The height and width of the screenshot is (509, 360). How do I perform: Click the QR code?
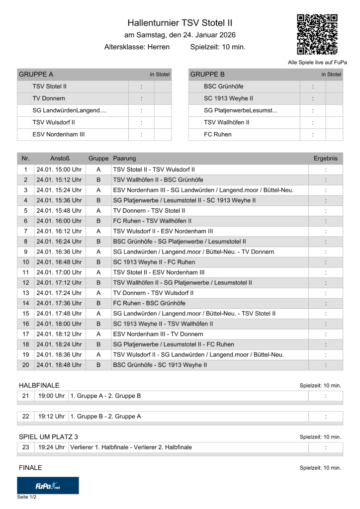click(x=317, y=34)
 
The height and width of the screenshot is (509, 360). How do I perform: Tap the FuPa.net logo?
click(x=48, y=485)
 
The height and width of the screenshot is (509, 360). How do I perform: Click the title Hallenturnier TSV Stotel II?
click(x=180, y=23)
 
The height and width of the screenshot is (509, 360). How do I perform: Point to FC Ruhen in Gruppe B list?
click(x=217, y=134)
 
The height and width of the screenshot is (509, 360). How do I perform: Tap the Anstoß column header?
click(x=59, y=159)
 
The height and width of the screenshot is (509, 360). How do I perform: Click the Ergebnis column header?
click(x=325, y=159)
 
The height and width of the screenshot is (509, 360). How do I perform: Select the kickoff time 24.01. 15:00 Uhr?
click(x=59, y=170)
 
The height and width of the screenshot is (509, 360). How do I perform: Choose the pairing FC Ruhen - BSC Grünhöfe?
click(x=149, y=303)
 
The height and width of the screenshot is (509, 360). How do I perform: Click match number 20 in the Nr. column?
click(x=26, y=365)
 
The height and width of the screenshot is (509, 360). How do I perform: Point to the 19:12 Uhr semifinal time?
click(x=52, y=416)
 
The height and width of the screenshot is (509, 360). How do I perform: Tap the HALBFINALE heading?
click(x=39, y=385)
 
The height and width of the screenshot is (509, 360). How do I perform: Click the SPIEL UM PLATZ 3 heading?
click(x=48, y=436)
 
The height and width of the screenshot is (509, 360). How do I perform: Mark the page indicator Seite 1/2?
click(x=27, y=497)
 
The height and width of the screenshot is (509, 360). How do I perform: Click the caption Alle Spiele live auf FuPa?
click(x=317, y=62)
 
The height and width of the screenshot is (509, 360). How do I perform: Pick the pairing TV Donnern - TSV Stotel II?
click(x=149, y=211)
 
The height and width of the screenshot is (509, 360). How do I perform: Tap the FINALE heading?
click(x=30, y=468)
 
